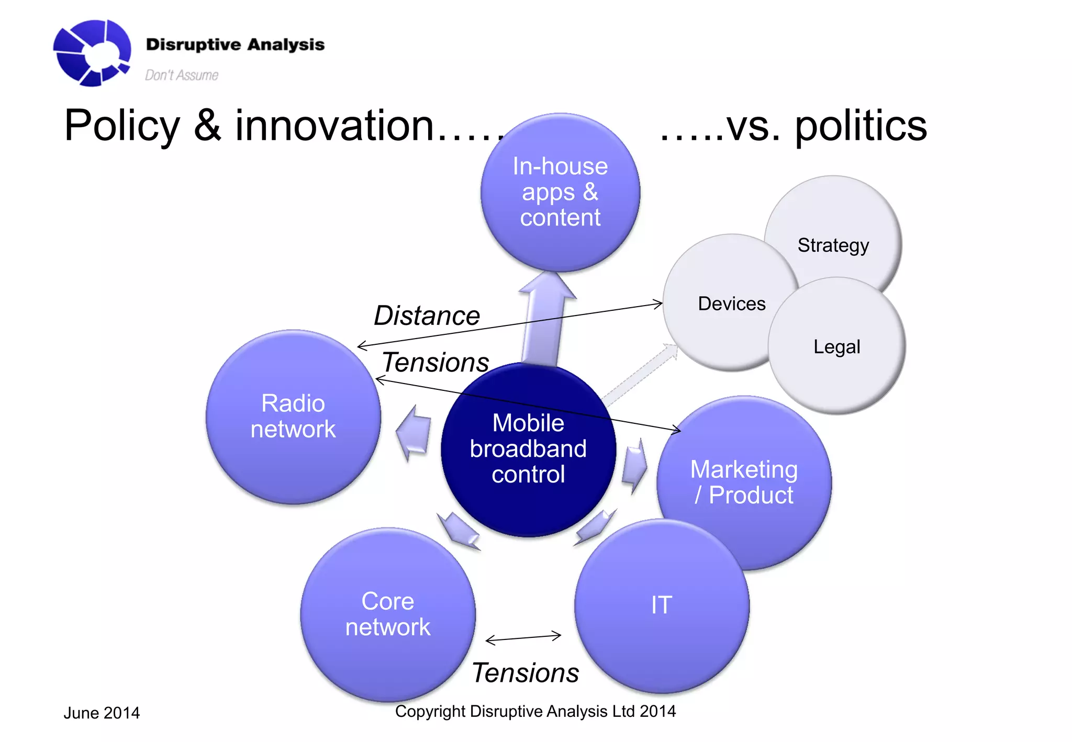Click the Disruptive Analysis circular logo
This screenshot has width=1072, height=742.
(92, 52)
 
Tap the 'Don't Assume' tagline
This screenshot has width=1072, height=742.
(181, 75)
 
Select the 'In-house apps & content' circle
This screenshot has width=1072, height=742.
(560, 192)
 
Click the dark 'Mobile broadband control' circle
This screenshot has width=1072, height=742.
(528, 449)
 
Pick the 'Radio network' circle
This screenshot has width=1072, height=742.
(293, 417)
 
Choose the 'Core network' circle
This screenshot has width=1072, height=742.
(388, 614)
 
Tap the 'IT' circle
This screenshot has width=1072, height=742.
(662, 605)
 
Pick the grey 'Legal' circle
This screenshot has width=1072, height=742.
(837, 346)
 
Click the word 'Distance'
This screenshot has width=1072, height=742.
(427, 316)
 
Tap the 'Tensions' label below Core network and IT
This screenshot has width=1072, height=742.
(526, 673)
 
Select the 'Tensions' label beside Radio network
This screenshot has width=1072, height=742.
(435, 362)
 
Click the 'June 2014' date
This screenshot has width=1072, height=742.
(102, 713)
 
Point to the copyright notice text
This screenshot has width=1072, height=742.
(535, 711)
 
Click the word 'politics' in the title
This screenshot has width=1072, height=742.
(861, 127)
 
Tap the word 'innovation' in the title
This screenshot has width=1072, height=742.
(334, 127)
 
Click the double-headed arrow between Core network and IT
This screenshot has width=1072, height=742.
(523, 638)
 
